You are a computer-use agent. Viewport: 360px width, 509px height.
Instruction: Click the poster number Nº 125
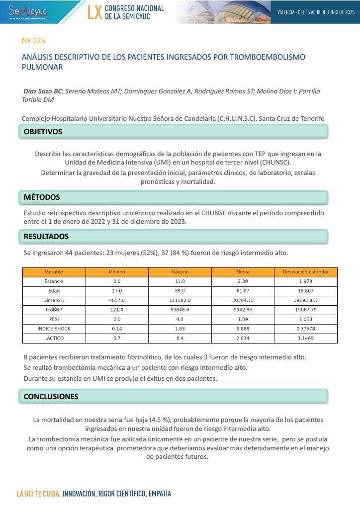click(34, 40)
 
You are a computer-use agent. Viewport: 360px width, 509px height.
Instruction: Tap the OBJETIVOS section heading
click(43, 132)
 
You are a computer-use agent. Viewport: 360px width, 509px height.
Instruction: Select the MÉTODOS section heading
click(42, 197)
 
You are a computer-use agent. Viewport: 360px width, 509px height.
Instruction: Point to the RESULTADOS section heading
click(46, 237)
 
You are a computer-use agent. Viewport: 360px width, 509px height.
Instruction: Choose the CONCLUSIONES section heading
click(51, 397)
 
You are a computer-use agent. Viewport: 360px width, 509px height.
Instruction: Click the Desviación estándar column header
click(306, 272)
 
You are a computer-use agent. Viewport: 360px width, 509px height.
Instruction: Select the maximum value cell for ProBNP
click(180, 310)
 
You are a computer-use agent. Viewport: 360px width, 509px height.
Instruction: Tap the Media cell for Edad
click(243, 291)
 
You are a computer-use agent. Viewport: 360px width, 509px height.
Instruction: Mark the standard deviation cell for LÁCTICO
click(306, 338)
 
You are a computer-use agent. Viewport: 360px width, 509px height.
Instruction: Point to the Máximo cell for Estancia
click(180, 281)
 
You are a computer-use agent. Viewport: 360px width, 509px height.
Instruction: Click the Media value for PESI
click(243, 319)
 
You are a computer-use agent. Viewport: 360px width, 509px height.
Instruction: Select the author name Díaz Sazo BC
click(43, 91)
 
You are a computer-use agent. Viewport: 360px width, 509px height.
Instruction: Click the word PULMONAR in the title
click(42, 67)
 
